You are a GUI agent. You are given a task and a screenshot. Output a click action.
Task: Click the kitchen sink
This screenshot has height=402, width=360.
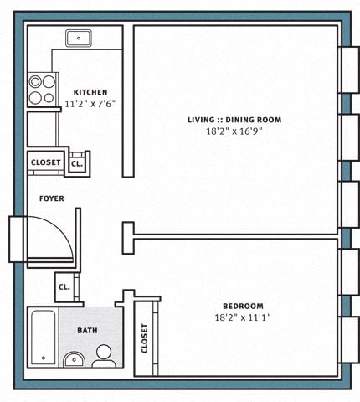coord(79,39)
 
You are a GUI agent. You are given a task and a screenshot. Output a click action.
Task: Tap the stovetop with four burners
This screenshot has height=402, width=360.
coord(43,90)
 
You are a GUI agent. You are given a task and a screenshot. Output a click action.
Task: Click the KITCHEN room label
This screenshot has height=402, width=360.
coord(90,92)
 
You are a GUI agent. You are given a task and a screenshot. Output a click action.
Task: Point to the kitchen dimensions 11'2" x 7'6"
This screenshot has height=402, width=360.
coord(90,104)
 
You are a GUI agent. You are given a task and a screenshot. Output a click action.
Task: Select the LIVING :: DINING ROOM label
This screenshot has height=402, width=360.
coord(234,120)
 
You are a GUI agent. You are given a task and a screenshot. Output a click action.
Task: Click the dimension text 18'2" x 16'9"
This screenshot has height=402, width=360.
coord(234,131)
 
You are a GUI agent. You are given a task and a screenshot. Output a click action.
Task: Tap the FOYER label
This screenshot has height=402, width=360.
coord(52,198)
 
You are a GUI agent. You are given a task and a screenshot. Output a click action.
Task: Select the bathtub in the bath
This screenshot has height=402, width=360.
coord(44,338)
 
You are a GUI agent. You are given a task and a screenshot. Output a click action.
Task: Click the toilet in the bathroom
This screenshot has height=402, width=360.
coord(104,356)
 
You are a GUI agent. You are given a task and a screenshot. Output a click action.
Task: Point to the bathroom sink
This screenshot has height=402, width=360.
coord(74,360)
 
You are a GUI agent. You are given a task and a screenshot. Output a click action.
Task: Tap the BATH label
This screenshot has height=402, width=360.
coord(87,331)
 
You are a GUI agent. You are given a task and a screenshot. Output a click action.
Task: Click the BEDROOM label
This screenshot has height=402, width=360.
coord(243,306)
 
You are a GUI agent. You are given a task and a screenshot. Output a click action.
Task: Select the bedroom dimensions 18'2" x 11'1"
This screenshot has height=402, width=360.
coord(243,317)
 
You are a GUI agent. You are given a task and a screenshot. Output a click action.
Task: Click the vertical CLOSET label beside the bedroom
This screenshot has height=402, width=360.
coord(144,338)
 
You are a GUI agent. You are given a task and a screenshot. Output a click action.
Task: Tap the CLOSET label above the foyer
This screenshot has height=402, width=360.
coord(46,162)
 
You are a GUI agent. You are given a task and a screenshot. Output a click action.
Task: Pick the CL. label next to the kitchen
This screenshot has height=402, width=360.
coord(77,164)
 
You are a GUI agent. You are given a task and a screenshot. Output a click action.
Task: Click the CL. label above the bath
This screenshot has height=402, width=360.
coord(64,287)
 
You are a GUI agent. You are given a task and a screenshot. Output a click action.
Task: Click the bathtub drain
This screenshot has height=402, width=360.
coord(44,358)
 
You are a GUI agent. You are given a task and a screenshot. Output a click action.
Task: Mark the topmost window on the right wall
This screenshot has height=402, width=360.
coord(350,70)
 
